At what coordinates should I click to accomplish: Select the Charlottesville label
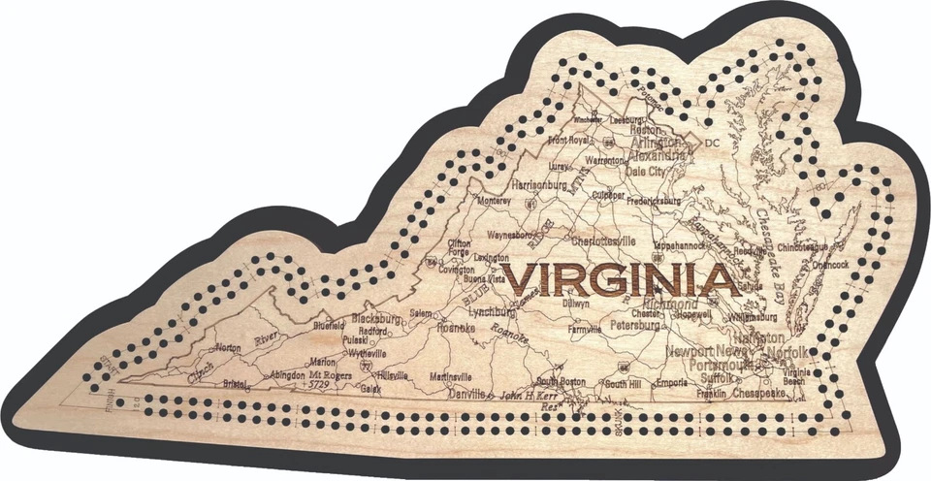pyautogui.click(x=604, y=240)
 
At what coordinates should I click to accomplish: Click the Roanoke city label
pyautogui.click(x=456, y=329)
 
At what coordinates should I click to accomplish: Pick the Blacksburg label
pyautogui.click(x=376, y=318)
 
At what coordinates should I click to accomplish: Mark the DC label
pyautogui.click(x=713, y=144)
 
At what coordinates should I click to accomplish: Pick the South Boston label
pyautogui.click(x=562, y=382)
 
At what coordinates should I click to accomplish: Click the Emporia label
pyautogui.click(x=671, y=383)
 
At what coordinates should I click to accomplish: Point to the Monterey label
pyautogui.click(x=493, y=201)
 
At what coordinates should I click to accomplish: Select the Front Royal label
pyautogui.click(x=569, y=140)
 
